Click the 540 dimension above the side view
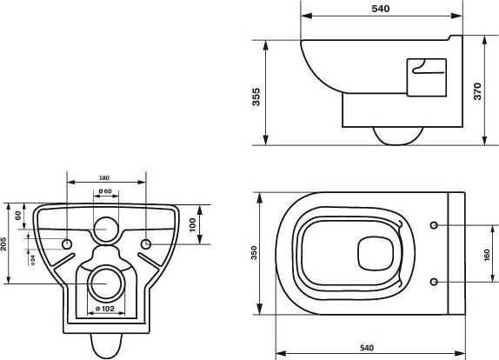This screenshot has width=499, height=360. [380, 9]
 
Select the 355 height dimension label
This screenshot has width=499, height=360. [256, 97]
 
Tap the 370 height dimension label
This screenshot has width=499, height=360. [477, 91]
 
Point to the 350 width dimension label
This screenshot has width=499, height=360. [254, 253]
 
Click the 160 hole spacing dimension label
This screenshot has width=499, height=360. [487, 256]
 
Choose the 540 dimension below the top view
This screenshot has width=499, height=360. [367, 348]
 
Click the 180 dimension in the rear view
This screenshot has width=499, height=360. [104, 178]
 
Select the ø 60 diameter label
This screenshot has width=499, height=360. [105, 191]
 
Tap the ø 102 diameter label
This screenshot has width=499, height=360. [105, 308]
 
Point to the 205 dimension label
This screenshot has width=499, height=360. [3, 243]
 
